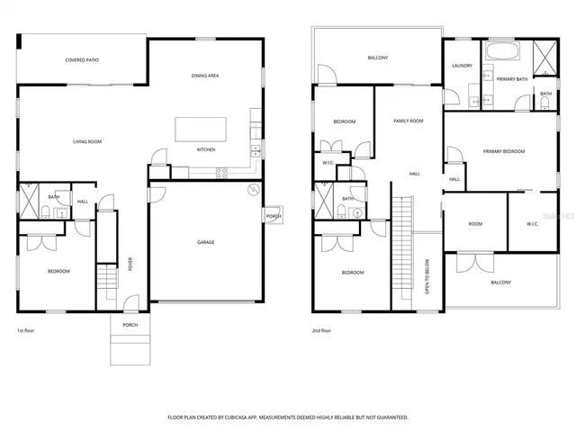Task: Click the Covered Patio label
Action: point(82,60)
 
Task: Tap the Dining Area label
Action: point(205,76)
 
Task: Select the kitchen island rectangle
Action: point(199,127)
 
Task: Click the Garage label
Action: point(206,242)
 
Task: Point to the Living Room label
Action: point(87,141)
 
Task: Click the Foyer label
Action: point(130,265)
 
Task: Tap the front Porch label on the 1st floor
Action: point(130,325)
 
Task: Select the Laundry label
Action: point(463,66)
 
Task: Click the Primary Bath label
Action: point(511,79)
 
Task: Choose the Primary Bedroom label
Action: point(504,151)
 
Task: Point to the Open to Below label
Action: point(427,277)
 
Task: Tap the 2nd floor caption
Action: point(321,330)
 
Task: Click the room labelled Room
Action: point(474,224)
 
